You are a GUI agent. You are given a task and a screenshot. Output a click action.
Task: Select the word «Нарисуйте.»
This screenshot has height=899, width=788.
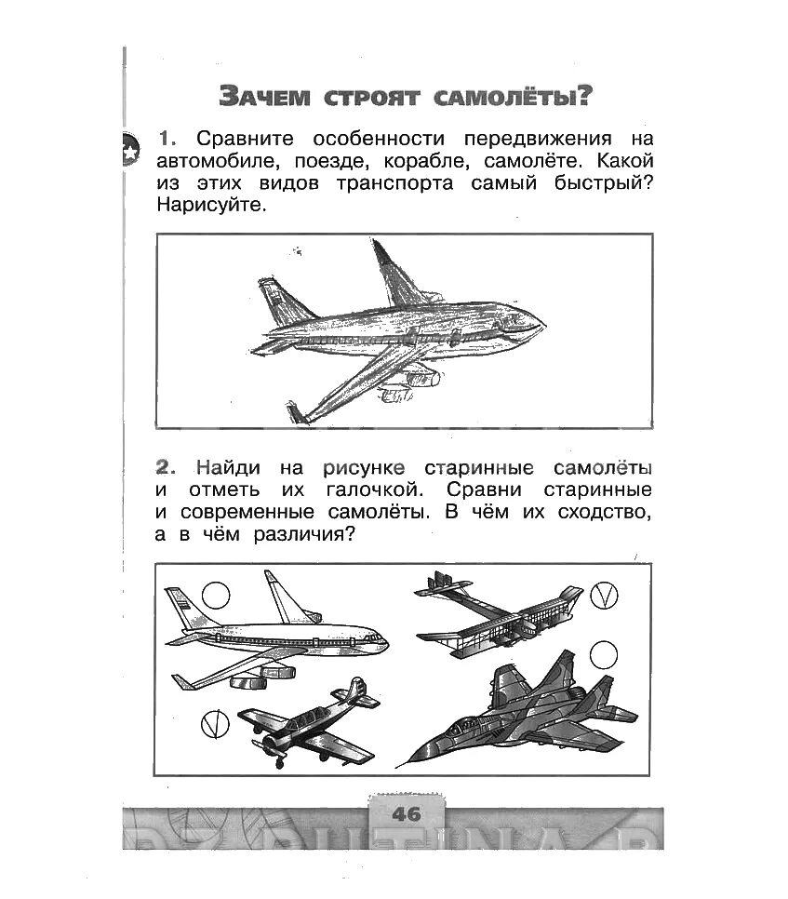[x=211, y=206]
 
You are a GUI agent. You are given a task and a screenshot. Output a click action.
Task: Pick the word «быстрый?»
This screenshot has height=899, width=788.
[x=607, y=183]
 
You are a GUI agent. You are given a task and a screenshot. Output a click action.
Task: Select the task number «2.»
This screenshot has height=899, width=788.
[x=167, y=466]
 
